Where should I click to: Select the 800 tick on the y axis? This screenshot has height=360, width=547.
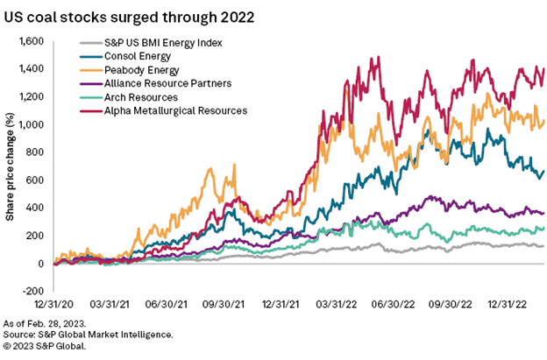(x=36, y=152)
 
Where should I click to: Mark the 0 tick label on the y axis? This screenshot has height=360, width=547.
(x=40, y=264)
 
